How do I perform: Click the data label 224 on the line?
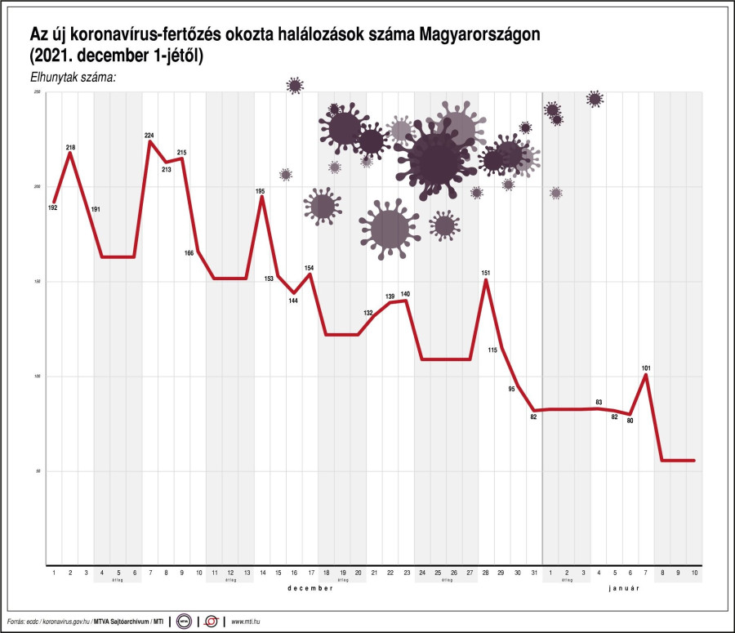149,136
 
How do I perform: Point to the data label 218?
70,148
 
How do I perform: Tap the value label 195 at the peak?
261,191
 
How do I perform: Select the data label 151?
485,273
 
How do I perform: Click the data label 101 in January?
646,368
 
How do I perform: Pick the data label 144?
293,301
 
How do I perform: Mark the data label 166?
189,253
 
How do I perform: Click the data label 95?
512,389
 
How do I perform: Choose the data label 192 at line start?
53,208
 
